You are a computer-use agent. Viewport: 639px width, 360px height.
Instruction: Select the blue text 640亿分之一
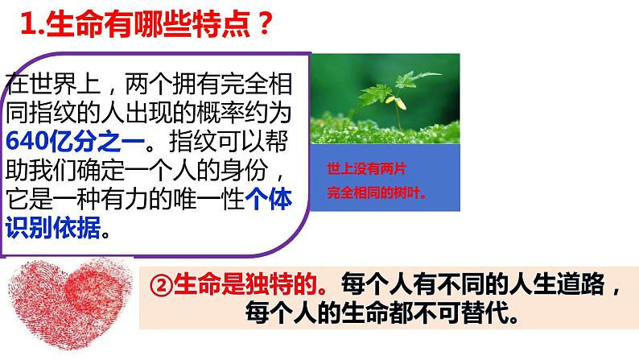click(x=75, y=139)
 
